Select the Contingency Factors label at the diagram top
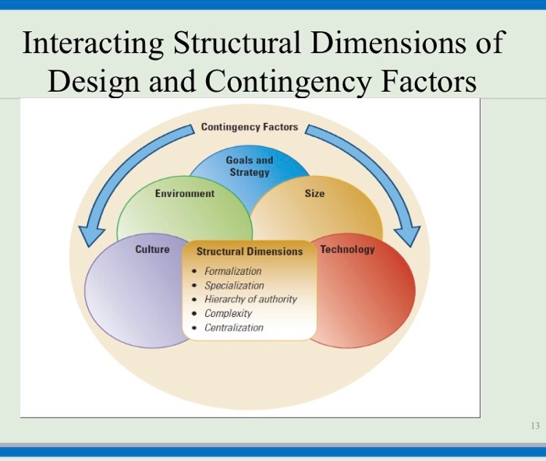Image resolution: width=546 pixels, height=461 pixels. (249, 127)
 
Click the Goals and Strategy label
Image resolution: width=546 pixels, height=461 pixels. (250, 166)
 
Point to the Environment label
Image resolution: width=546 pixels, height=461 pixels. (184, 193)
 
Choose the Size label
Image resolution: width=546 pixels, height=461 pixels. (314, 193)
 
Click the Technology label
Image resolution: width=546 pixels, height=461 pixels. (347, 249)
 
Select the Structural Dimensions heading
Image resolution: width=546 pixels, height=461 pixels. (249, 252)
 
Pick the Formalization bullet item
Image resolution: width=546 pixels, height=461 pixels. (232, 271)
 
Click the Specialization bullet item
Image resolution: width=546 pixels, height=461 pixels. (234, 285)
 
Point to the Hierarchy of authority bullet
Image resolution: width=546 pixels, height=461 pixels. (250, 299)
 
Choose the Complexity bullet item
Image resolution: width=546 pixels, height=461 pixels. (228, 313)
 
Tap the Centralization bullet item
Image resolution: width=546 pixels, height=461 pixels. (233, 327)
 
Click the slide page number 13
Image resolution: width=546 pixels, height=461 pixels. (534, 426)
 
